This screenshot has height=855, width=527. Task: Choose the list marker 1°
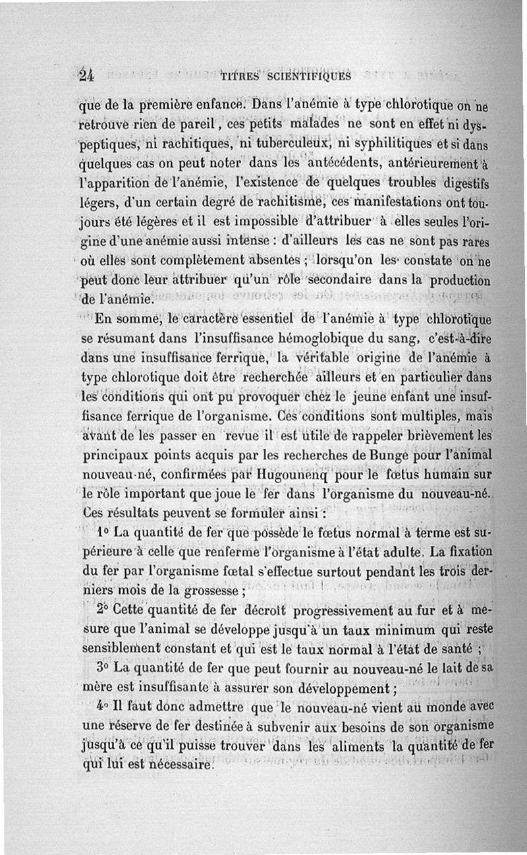(x=103, y=531)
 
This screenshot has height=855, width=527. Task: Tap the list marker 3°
(x=102, y=666)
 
